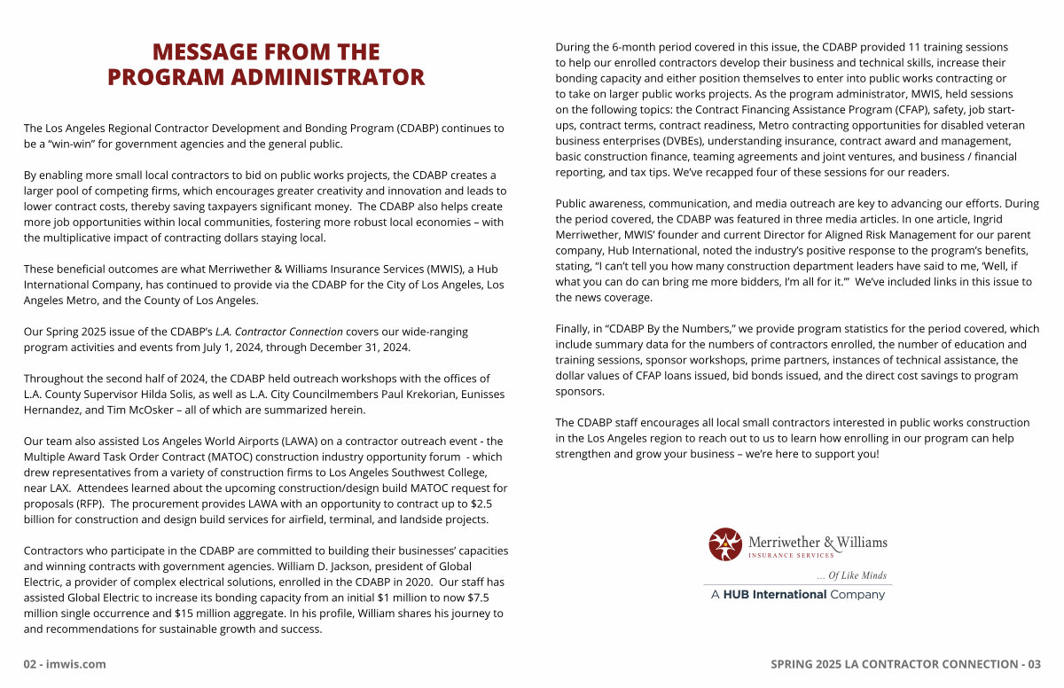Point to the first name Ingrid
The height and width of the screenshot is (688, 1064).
[1022, 219]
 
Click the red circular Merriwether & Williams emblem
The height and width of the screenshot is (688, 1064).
[725, 544]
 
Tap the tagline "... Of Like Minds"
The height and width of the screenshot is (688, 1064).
[851, 575]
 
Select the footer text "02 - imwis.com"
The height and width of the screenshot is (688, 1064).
[65, 664]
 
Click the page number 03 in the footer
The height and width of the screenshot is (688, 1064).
[1032, 664]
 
